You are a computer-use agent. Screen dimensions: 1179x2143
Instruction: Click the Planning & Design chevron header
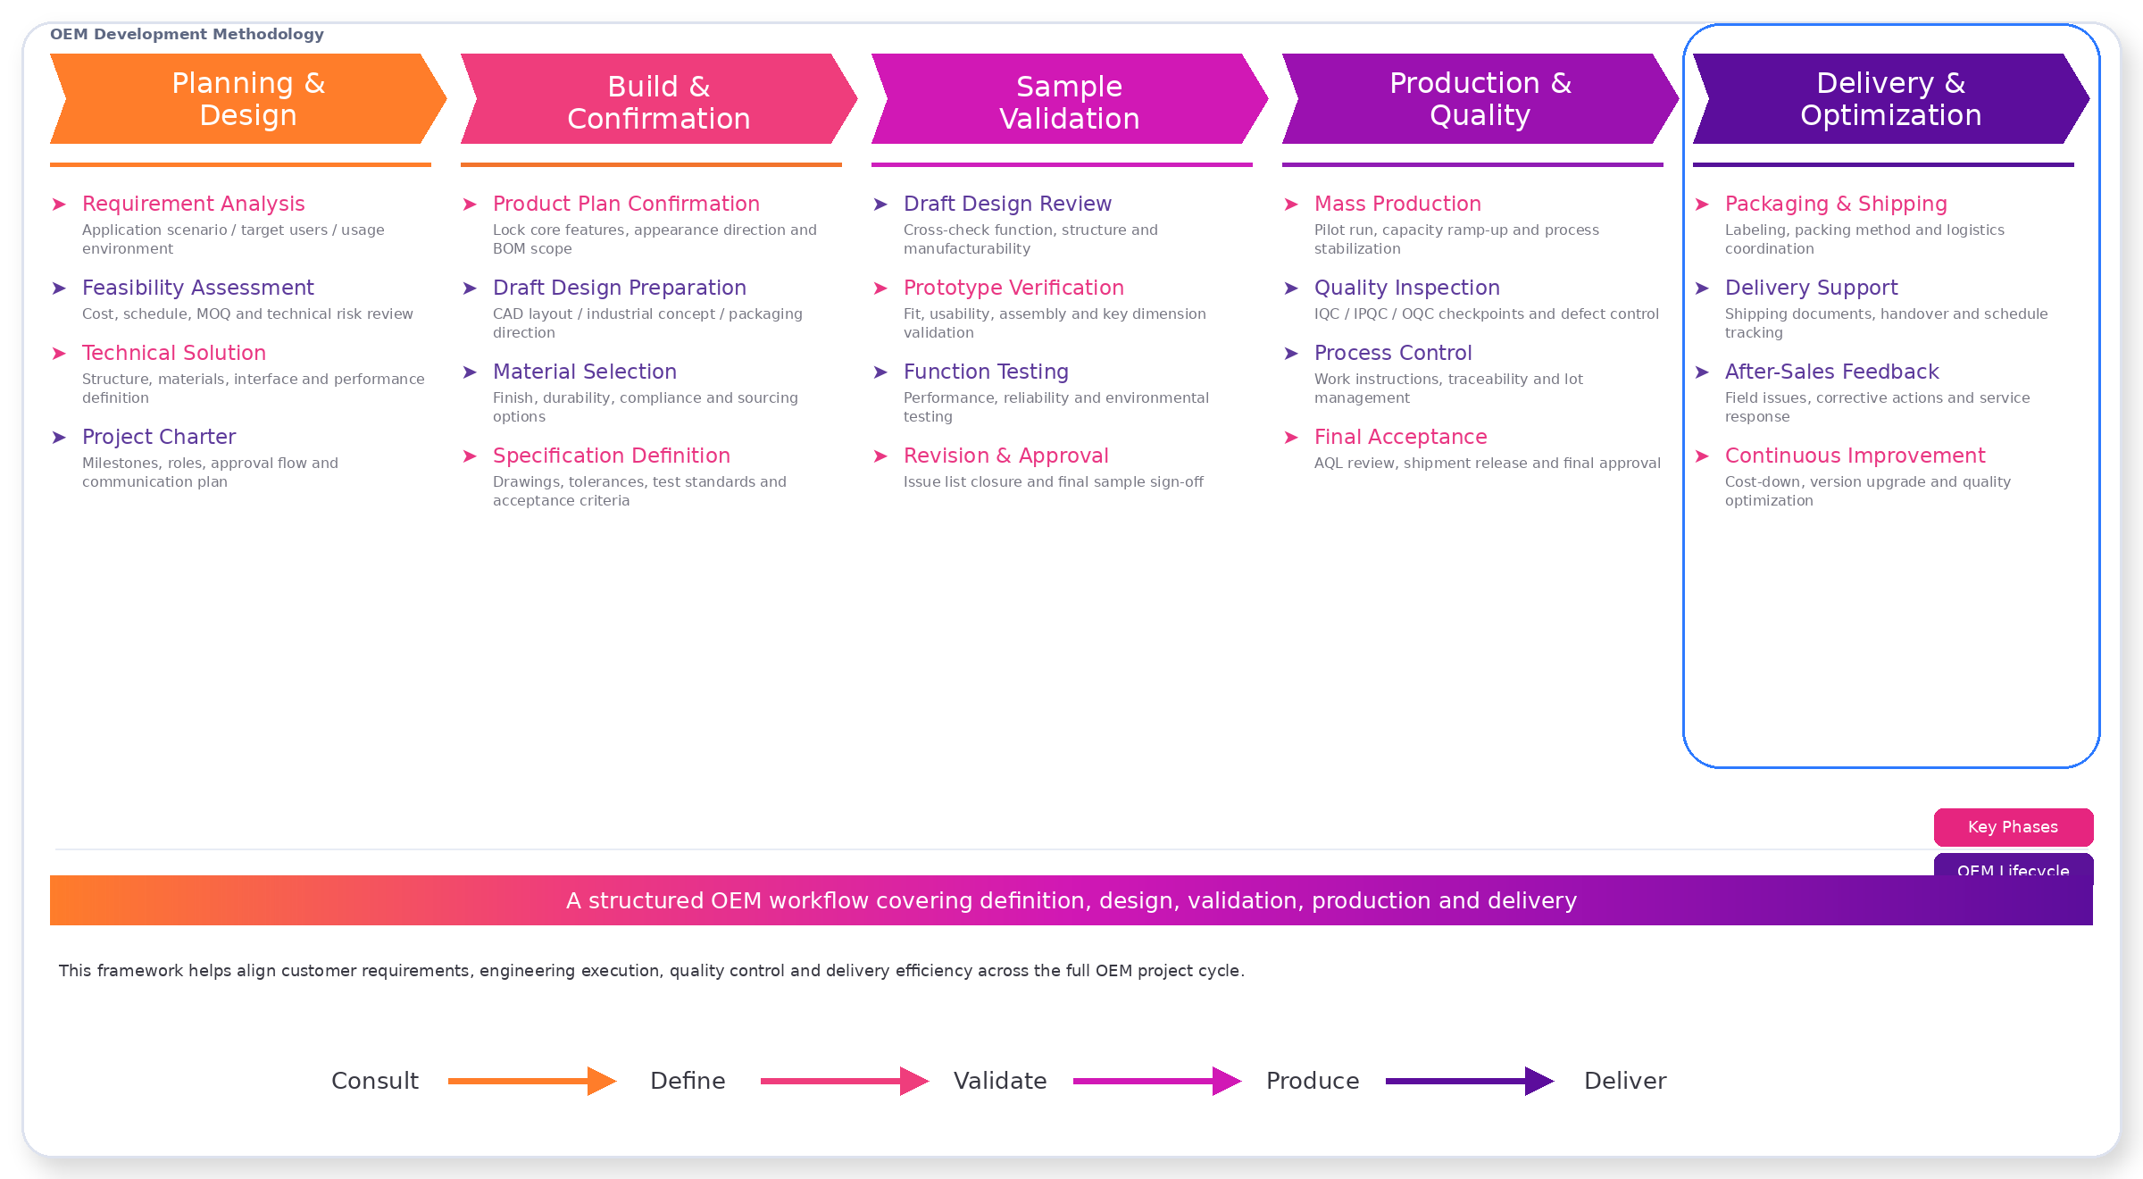247,99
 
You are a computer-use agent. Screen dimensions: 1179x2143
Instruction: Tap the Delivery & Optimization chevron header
1890,99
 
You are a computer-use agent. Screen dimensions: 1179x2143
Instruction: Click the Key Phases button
2013,827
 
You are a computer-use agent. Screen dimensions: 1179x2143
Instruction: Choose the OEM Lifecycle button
2013,865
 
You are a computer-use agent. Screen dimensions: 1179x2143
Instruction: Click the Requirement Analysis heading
193,204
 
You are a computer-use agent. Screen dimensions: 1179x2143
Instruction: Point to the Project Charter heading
159,437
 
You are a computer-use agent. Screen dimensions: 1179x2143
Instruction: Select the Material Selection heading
584,372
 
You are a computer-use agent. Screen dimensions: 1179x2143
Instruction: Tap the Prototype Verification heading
1013,288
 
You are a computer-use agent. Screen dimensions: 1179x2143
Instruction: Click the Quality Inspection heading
1406,288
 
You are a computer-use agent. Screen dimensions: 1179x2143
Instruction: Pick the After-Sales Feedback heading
1831,372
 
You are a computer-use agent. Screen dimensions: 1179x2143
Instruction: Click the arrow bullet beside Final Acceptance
1291,437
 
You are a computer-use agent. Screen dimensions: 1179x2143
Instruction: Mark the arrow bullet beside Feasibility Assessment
59,288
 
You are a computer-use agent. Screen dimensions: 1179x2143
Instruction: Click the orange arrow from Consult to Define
531,1081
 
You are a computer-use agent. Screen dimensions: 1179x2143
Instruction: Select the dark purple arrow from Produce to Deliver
1469,1081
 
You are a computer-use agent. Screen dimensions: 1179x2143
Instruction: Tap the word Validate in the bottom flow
1000,1081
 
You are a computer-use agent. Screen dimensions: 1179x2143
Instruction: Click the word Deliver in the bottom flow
1625,1081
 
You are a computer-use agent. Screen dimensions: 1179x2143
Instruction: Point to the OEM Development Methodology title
187,34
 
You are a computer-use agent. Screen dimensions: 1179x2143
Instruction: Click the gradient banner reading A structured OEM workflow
1071,900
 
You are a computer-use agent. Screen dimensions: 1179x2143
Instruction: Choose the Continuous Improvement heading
1855,456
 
